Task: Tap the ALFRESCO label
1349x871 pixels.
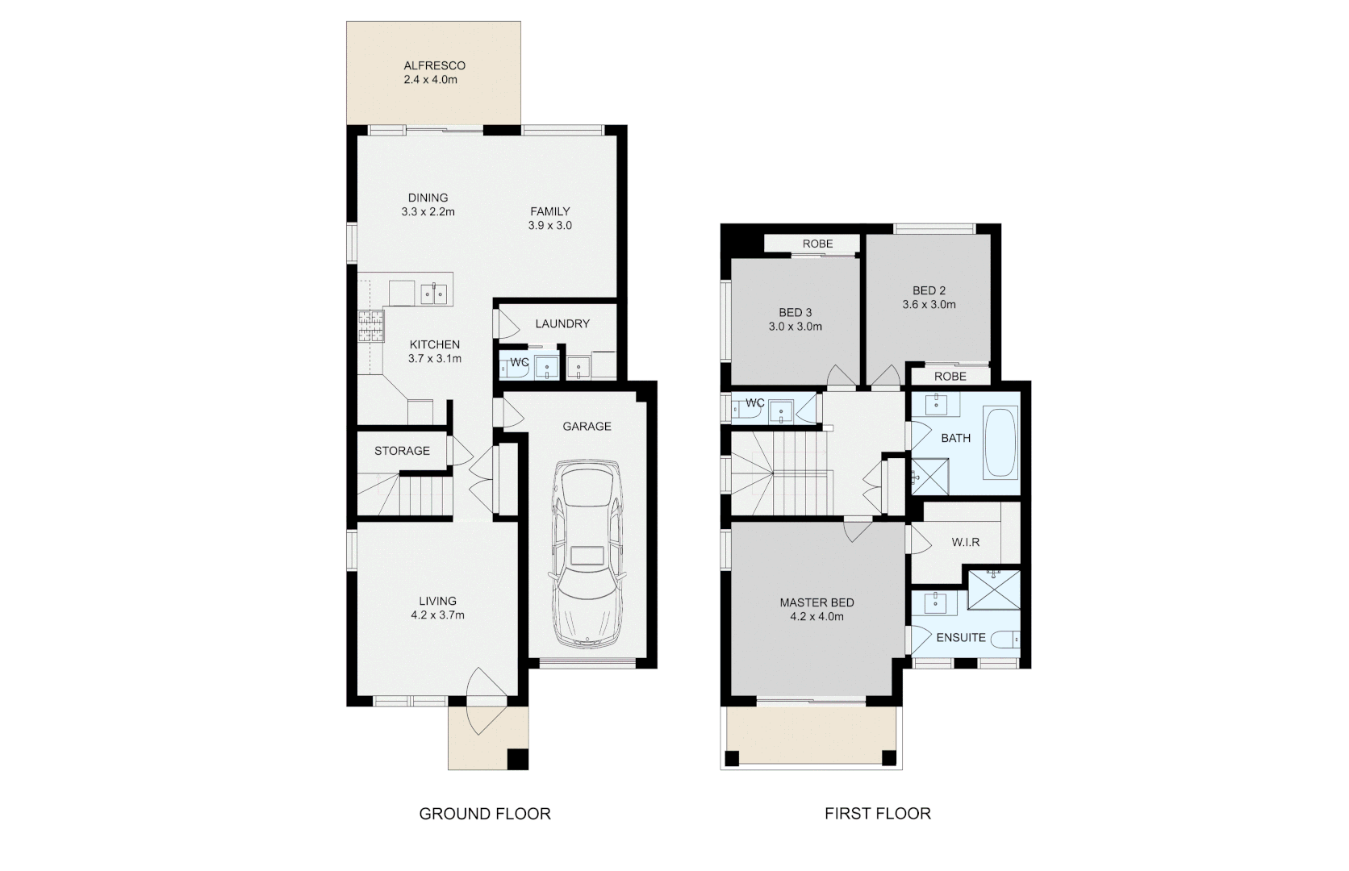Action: pyautogui.click(x=434, y=65)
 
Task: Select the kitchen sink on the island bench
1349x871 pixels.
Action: pyautogui.click(x=434, y=292)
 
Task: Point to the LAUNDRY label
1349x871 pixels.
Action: pyautogui.click(x=562, y=323)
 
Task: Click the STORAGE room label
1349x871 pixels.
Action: pyautogui.click(x=402, y=451)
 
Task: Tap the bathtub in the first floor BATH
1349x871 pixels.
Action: pyautogui.click(x=1000, y=443)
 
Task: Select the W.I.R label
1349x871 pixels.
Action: pyautogui.click(x=965, y=542)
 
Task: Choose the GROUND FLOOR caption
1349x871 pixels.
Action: pyautogui.click(x=484, y=814)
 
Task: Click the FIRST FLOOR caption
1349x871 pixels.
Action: pyautogui.click(x=877, y=814)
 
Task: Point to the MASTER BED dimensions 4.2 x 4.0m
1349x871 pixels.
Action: pyautogui.click(x=816, y=617)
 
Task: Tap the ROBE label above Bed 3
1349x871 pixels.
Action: pyautogui.click(x=817, y=244)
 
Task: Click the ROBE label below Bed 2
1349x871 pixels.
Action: pyautogui.click(x=950, y=377)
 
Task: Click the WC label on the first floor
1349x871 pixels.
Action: pyautogui.click(x=754, y=402)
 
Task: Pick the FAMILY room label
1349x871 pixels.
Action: pyautogui.click(x=549, y=211)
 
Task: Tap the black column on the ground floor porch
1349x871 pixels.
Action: pyautogui.click(x=516, y=759)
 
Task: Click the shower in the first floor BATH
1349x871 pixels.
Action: pyautogui.click(x=929, y=476)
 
